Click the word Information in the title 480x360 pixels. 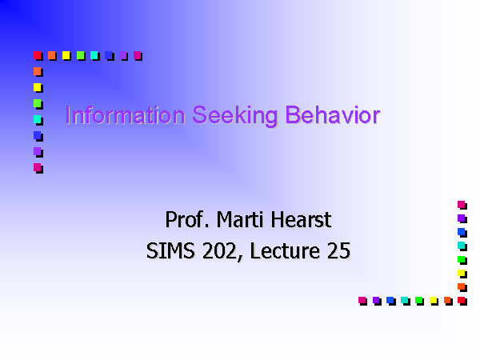point(126,115)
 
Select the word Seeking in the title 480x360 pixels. point(235,116)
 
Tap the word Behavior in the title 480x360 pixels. point(333,114)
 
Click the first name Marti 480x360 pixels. point(240,219)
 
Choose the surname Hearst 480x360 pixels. point(301,219)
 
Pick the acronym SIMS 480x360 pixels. point(170,250)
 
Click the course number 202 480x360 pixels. point(220,251)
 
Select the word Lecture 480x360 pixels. point(285,250)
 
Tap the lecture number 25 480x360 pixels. point(338,250)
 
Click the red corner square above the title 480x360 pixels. point(38,56)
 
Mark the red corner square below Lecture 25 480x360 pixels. point(462,301)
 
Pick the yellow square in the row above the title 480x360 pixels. point(66,56)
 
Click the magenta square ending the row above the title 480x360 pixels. point(138,56)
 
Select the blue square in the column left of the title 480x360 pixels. point(38,136)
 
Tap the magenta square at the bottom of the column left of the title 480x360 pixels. point(38,168)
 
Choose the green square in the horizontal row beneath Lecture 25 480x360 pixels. point(419,301)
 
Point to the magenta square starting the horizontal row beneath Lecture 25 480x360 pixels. point(362,301)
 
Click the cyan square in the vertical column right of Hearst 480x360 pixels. point(462,246)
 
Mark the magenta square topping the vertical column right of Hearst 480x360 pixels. point(462,205)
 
